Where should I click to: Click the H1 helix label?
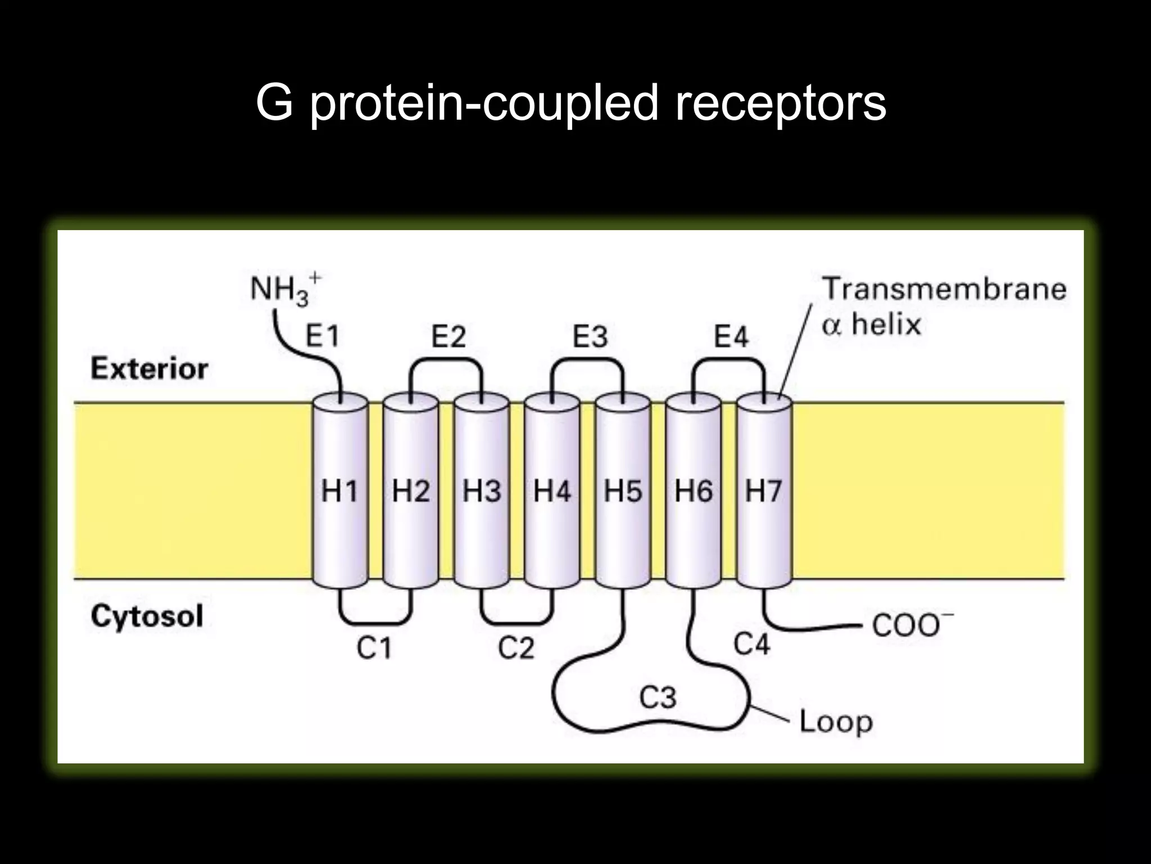pyautogui.click(x=339, y=491)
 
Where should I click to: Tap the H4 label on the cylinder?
pyautogui.click(x=552, y=491)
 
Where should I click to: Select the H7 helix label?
pyautogui.click(x=763, y=491)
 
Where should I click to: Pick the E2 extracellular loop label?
pyautogui.click(x=448, y=337)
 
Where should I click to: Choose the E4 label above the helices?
pyautogui.click(x=731, y=337)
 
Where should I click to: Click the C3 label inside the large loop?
pyautogui.click(x=658, y=697)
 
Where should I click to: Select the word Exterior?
pyautogui.click(x=149, y=369)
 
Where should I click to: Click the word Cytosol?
pyautogui.click(x=147, y=616)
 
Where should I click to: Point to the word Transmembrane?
pyautogui.click(x=944, y=290)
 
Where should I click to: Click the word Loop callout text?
pyautogui.click(x=836, y=722)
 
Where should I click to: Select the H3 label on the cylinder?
pyautogui.click(x=482, y=491)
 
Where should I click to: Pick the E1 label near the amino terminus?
pyautogui.click(x=322, y=337)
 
